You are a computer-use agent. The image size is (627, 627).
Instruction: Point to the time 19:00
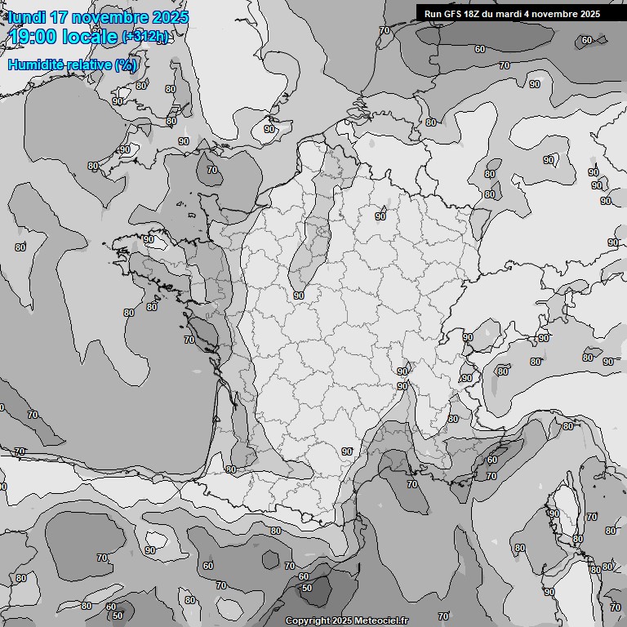(33, 36)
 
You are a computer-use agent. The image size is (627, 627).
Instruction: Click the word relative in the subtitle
(91, 64)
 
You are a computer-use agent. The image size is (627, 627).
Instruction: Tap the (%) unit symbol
(126, 64)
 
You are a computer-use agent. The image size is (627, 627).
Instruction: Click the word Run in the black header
(434, 14)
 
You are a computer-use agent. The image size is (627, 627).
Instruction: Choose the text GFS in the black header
(455, 14)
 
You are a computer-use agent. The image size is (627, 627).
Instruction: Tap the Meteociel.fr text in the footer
(381, 620)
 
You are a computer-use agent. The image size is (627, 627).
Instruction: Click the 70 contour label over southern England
(212, 170)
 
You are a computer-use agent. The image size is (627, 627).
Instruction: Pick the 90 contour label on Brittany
(149, 240)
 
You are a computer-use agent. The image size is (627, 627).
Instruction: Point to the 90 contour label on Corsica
(554, 514)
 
